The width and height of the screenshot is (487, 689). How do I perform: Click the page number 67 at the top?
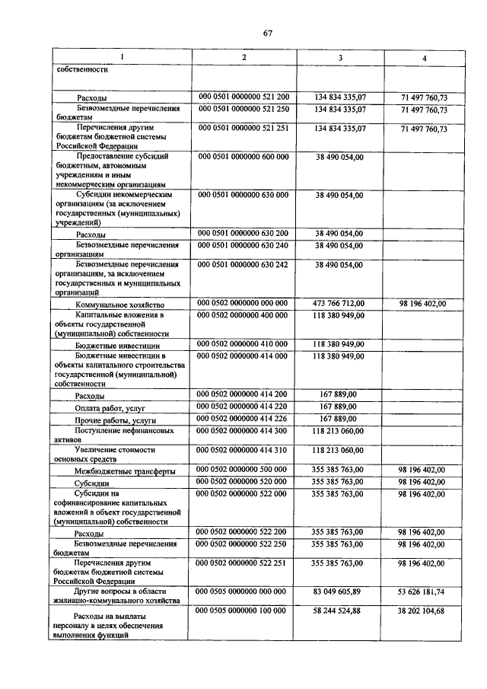click(x=268, y=32)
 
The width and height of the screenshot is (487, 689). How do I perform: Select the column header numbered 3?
click(x=340, y=58)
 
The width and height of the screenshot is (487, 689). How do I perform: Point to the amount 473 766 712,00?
click(x=339, y=304)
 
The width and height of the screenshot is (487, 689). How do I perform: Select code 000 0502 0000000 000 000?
click(x=243, y=304)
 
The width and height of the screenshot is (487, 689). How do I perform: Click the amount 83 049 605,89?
click(x=339, y=591)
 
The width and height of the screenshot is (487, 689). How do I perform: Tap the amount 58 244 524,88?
click(x=339, y=611)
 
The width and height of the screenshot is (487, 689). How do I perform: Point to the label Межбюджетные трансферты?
click(x=125, y=471)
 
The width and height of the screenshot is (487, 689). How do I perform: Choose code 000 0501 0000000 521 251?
click(x=243, y=129)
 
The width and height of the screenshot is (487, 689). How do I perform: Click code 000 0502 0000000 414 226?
click(x=243, y=419)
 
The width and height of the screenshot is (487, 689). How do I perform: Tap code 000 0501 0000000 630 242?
click(x=243, y=264)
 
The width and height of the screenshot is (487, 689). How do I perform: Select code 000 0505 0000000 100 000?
click(x=243, y=611)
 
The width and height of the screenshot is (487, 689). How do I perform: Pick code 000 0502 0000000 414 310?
click(x=243, y=450)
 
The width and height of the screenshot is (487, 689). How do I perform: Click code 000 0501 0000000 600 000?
click(x=243, y=156)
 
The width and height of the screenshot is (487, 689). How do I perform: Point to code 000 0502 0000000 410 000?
click(x=243, y=344)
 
